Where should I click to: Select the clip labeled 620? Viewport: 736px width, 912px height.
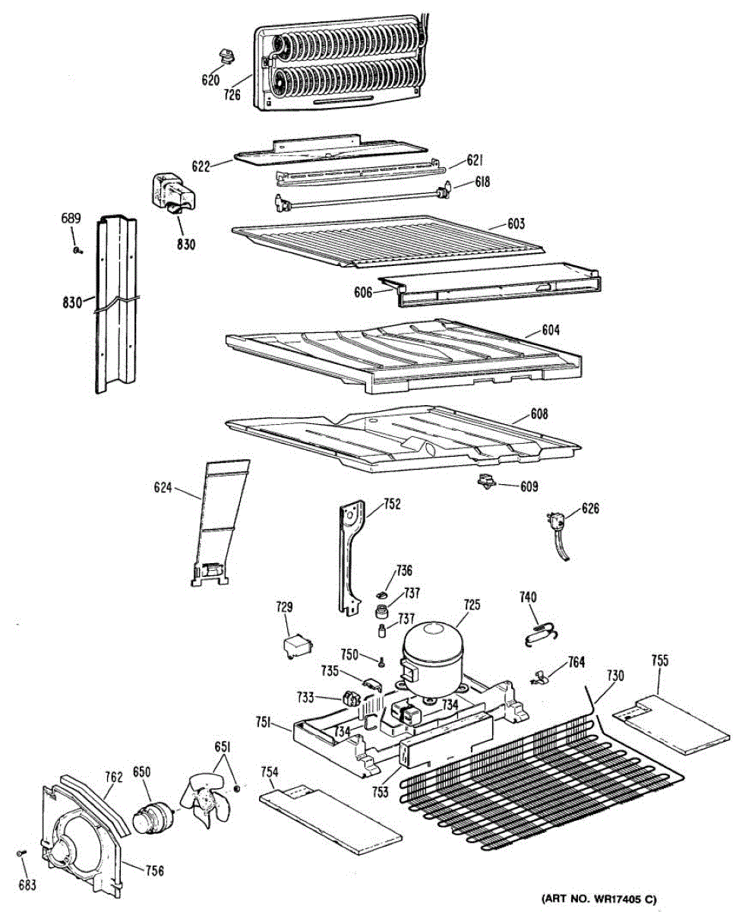225,54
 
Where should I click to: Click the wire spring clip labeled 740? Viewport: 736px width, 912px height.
539,630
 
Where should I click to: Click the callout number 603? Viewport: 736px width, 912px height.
516,224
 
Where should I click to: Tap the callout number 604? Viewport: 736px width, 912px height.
551,330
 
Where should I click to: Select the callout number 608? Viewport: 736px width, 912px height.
539,414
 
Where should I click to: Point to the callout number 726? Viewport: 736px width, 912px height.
232,95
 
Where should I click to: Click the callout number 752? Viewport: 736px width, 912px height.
392,503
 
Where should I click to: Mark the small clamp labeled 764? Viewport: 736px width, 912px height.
541,676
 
